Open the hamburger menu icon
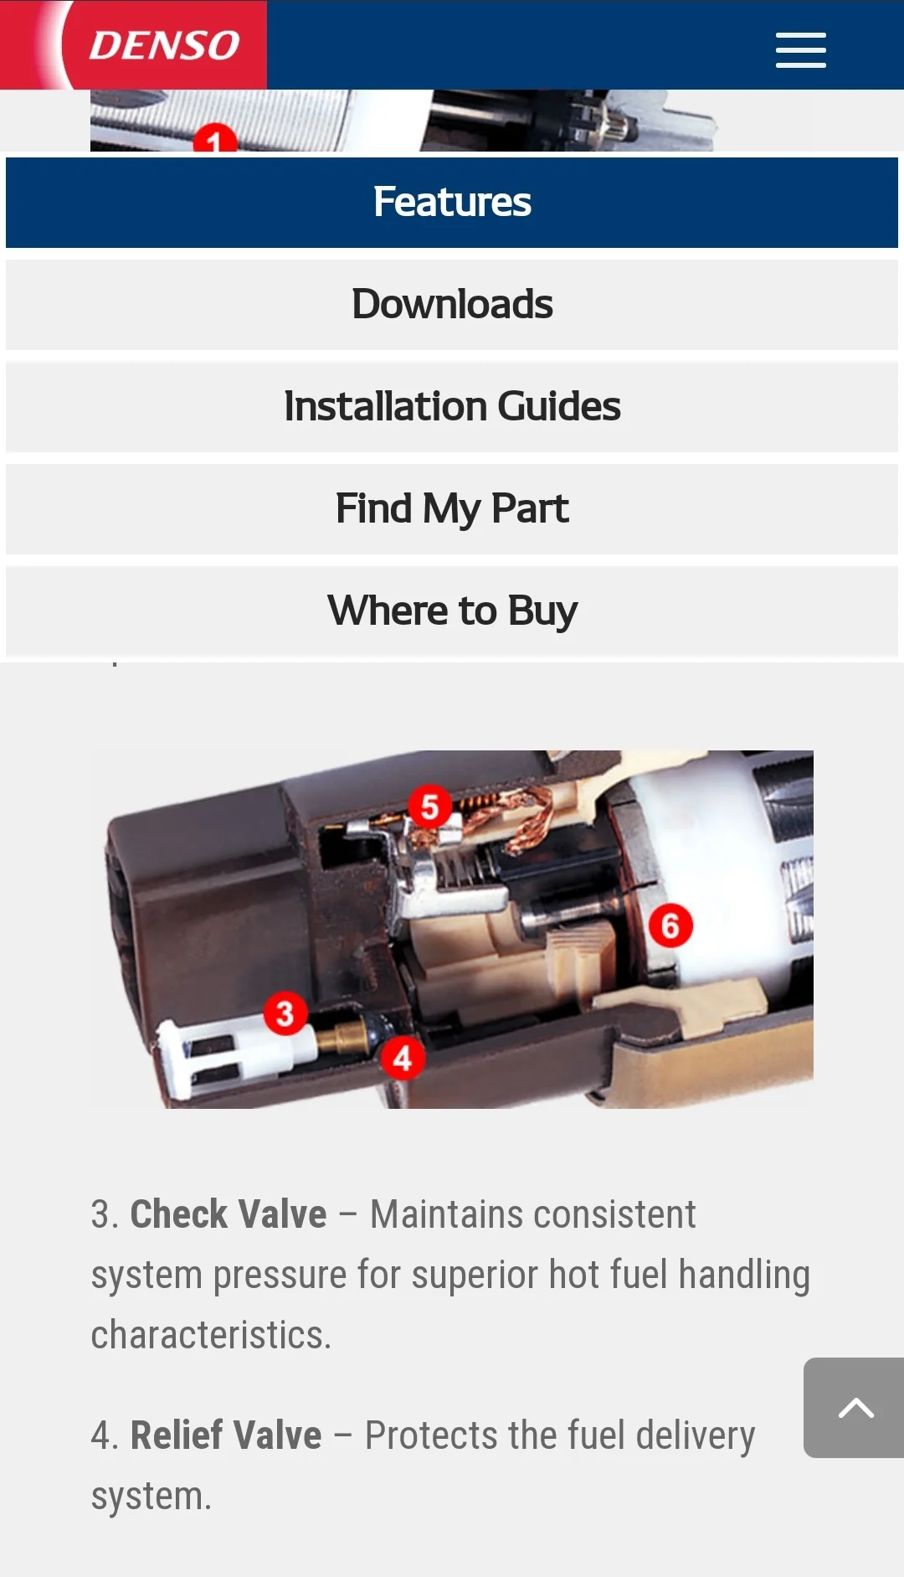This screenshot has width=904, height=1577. [800, 50]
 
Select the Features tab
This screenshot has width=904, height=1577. [452, 203]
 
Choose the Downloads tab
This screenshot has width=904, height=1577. [452, 305]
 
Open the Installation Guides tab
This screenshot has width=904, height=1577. [452, 407]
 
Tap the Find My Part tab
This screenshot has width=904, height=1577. [452, 509]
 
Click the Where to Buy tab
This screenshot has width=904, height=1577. [452, 611]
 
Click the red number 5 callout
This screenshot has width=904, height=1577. [429, 807]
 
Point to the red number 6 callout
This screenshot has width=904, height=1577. [670, 925]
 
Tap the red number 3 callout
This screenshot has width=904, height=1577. [285, 1013]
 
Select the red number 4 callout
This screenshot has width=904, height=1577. [403, 1058]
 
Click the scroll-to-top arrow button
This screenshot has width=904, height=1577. [854, 1408]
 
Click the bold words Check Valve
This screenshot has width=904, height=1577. [229, 1214]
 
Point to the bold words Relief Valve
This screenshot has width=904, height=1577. [226, 1435]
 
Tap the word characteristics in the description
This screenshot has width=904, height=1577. [211, 1335]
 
